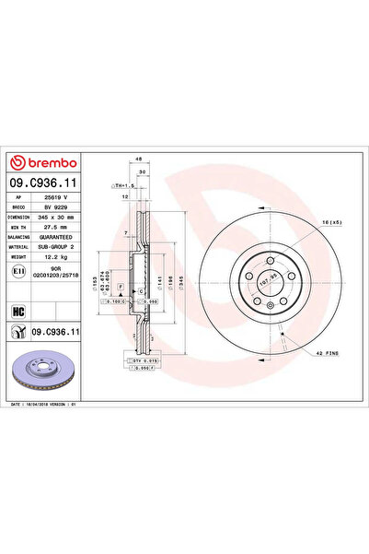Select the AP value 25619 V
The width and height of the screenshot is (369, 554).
68,199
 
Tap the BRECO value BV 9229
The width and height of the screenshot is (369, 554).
68,208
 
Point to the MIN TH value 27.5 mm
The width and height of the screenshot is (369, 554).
68,227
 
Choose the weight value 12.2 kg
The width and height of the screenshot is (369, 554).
67,255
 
